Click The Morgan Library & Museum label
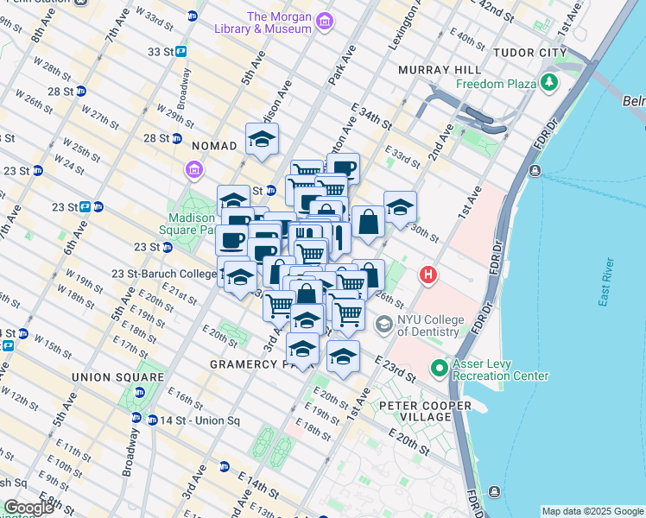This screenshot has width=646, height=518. [x=278, y=22]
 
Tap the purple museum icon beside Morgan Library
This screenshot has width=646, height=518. [x=325, y=20]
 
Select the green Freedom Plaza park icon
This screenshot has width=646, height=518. [x=549, y=84]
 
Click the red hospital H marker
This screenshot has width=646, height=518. [x=427, y=276]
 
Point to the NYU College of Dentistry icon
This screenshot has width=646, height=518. [x=384, y=325]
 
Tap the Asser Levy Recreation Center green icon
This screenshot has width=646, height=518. [x=440, y=368]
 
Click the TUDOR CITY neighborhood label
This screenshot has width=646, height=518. [x=528, y=53]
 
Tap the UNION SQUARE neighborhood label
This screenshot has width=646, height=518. [x=118, y=377]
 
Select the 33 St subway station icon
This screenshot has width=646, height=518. [x=181, y=52]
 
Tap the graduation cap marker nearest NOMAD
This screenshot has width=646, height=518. [x=262, y=138]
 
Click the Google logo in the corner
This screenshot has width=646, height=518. [x=28, y=508]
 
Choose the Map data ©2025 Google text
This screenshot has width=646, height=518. [x=592, y=511]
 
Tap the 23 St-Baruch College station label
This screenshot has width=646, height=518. [x=164, y=274]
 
